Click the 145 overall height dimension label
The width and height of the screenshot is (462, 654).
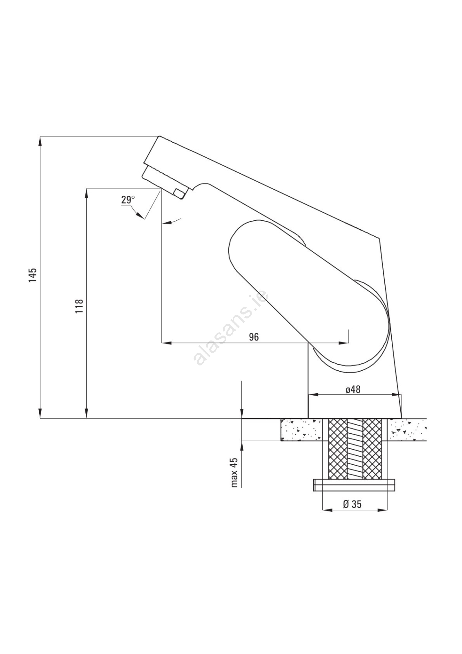tap(33, 275)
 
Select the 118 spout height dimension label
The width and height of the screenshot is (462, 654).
tap(79, 306)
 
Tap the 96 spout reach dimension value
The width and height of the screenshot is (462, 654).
tap(254, 337)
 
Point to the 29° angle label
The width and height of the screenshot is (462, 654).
tap(128, 200)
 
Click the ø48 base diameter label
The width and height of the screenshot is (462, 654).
tap(353, 390)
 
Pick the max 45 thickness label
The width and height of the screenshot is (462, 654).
tap(234, 473)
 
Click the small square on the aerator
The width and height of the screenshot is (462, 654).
tap(178, 193)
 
